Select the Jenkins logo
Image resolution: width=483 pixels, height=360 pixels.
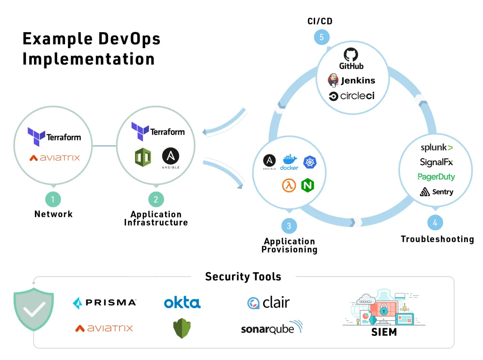coord(351,80)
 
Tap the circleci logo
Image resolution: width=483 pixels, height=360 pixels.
coord(351,96)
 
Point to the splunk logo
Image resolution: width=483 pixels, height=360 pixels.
coord(436,148)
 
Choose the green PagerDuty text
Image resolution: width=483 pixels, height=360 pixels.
coord(436,177)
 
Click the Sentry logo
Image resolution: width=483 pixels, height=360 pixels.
coord(436,192)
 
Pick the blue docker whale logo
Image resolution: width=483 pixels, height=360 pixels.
coord(289,162)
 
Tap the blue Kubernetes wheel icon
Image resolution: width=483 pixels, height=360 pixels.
coord(310,162)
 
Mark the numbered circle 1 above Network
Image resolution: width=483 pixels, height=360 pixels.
coord(53,199)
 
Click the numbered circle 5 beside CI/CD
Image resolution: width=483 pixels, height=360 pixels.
coord(322,38)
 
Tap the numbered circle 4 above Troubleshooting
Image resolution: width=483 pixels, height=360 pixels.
coord(435,223)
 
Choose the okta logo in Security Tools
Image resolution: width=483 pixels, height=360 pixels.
coord(182,302)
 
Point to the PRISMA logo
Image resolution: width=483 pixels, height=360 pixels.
coord(104,302)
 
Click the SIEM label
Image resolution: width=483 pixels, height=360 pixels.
coord(383,332)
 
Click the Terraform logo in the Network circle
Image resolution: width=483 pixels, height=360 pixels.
coord(54,136)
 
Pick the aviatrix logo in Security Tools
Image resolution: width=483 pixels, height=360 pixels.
coord(104,328)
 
